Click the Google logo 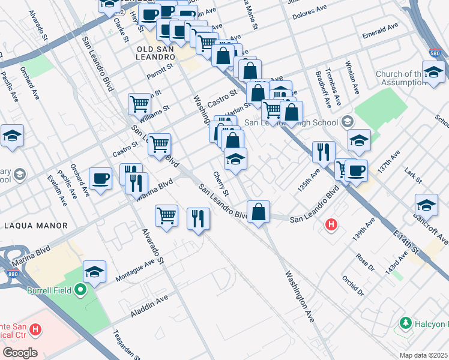(x=19, y=353)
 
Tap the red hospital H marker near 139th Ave (x=330, y=226)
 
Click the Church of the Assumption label (x=411, y=78)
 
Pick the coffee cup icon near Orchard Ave (x=100, y=178)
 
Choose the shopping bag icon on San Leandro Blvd (x=258, y=212)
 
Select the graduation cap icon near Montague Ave (x=95, y=271)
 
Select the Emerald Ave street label (x=380, y=32)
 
